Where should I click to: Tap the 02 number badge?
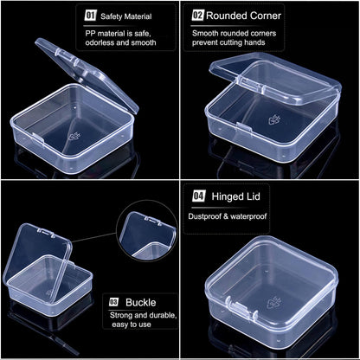click(x=197, y=16)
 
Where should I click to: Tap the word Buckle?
click(x=141, y=301)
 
